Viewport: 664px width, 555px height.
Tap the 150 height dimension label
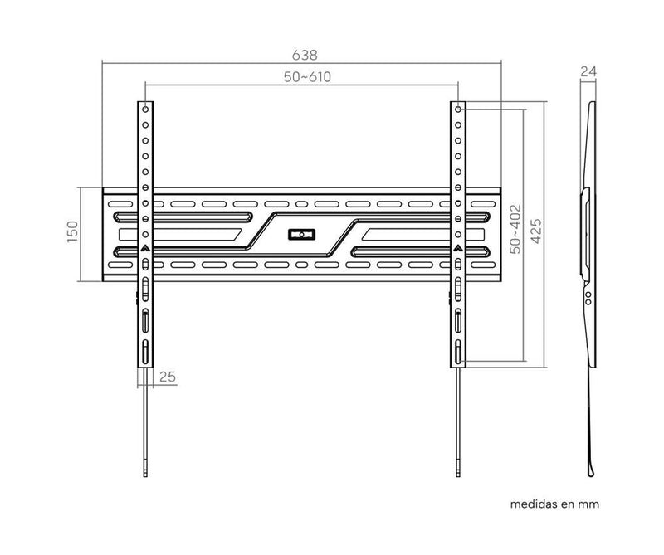(x=72, y=233)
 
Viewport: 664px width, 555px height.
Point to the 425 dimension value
(x=537, y=234)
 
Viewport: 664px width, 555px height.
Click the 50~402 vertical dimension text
(x=515, y=228)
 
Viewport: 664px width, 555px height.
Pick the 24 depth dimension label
(x=588, y=72)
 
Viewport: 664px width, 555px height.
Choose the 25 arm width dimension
(x=167, y=377)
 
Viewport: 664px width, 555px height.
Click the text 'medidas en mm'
(x=554, y=504)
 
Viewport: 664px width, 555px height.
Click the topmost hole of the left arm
(x=144, y=109)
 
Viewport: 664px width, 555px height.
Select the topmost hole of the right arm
(x=458, y=109)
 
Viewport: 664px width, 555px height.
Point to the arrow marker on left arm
(x=144, y=247)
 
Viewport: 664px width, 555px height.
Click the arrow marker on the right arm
(x=458, y=247)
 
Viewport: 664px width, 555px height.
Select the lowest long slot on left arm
(x=144, y=350)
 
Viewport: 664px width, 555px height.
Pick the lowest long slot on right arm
(x=458, y=350)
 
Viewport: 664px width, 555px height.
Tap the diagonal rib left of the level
(x=260, y=233)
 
